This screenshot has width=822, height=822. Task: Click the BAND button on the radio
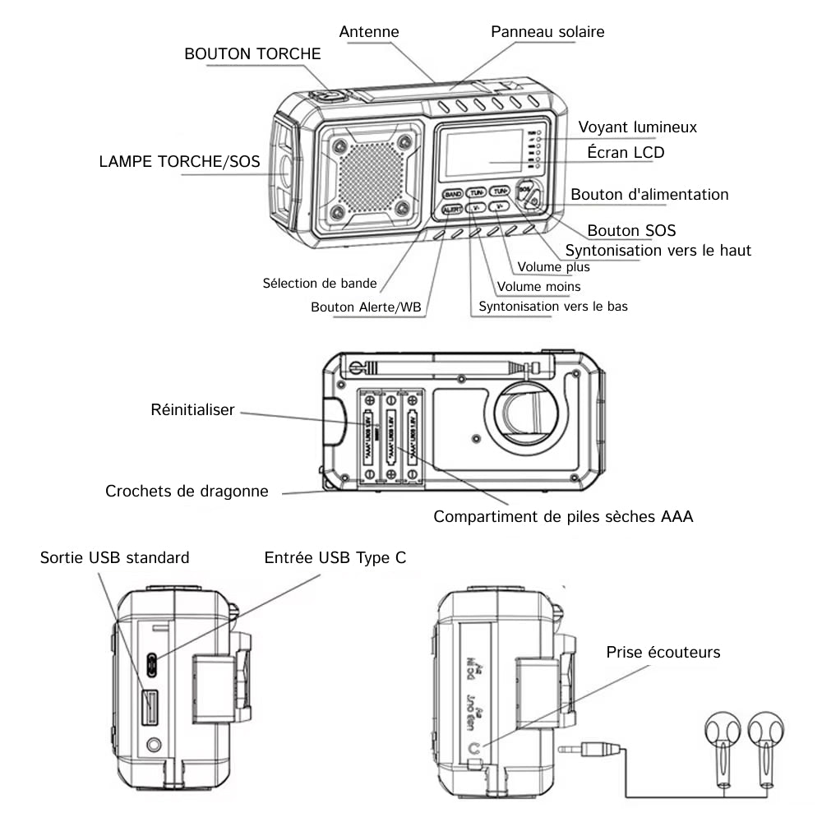(452, 194)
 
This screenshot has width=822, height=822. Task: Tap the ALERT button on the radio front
(451, 210)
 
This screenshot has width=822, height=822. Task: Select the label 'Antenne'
(369, 32)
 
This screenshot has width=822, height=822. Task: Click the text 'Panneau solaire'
(547, 32)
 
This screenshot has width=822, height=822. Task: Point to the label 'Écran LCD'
(626, 152)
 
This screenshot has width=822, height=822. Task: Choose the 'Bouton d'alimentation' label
(649, 195)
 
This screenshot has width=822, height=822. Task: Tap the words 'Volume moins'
(538, 287)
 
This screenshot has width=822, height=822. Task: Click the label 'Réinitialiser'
(193, 409)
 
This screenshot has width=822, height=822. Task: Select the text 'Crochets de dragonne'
(187, 492)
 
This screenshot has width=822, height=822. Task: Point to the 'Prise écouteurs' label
(663, 652)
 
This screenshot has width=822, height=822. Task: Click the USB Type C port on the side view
(152, 662)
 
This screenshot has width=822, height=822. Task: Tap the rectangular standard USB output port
(150, 707)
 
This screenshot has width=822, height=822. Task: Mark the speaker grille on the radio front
(371, 175)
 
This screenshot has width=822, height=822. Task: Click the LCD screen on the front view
(483, 154)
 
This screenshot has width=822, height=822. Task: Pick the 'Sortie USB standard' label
(114, 557)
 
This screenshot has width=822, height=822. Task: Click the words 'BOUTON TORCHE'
(252, 54)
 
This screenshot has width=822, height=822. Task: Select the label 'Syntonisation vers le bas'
(553, 307)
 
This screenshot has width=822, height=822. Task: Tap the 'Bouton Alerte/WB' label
(366, 307)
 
